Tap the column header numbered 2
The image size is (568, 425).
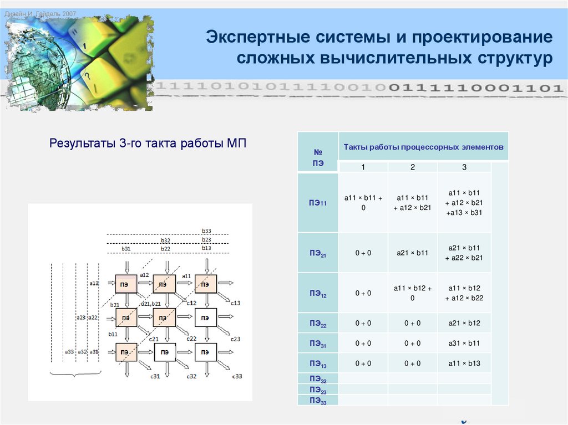[x=412, y=167]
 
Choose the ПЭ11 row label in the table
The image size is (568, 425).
[x=318, y=203]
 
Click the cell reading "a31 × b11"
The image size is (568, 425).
[x=464, y=344]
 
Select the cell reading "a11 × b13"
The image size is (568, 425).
[x=464, y=363]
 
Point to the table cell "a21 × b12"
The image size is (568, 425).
[x=464, y=324]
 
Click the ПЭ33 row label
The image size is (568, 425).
[x=318, y=400]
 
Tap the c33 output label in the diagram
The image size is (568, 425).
[x=237, y=377]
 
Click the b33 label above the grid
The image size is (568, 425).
[x=206, y=231]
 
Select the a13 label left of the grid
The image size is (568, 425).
[x=94, y=283]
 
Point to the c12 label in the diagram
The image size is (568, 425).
[x=191, y=303]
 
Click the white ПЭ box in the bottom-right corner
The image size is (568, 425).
[x=205, y=352]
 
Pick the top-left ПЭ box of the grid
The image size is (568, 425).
[x=126, y=284]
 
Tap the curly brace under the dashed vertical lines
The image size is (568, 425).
[x=75, y=374]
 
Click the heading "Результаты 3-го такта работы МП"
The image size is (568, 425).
[x=148, y=144]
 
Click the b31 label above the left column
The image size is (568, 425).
[x=126, y=249]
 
